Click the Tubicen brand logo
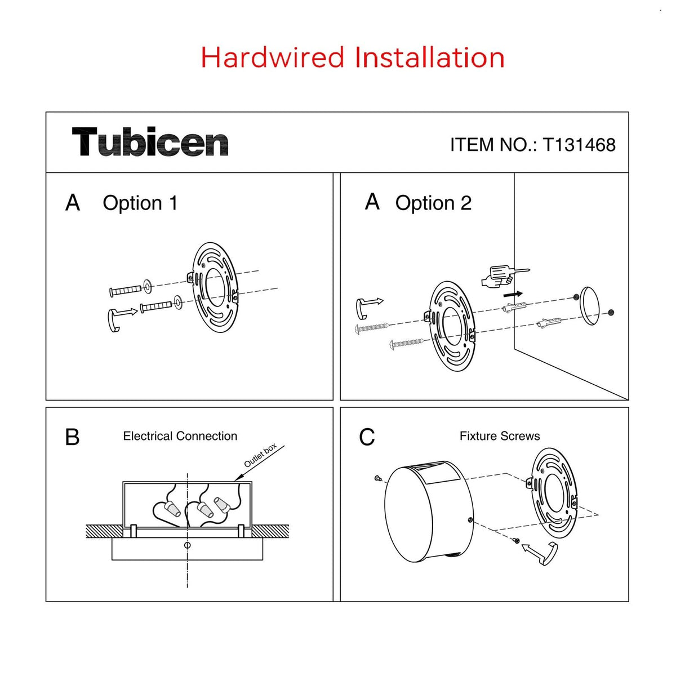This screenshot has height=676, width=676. tap(150, 141)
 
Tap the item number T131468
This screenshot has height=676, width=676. tap(579, 145)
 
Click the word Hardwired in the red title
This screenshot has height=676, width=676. tap(272, 57)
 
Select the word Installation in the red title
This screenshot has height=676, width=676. tap(429, 57)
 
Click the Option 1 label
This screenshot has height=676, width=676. tap(140, 203)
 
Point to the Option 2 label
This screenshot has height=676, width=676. tap(433, 203)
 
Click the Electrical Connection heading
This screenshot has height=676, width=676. tap(180, 436)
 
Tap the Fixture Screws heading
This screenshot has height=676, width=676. tap(500, 436)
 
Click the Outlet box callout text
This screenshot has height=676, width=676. tap(260, 455)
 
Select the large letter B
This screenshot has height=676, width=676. tap(72, 437)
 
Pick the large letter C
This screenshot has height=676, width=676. tap(367, 437)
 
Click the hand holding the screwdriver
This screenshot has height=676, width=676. tap(504, 276)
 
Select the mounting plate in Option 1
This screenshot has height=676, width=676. tap(215, 287)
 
